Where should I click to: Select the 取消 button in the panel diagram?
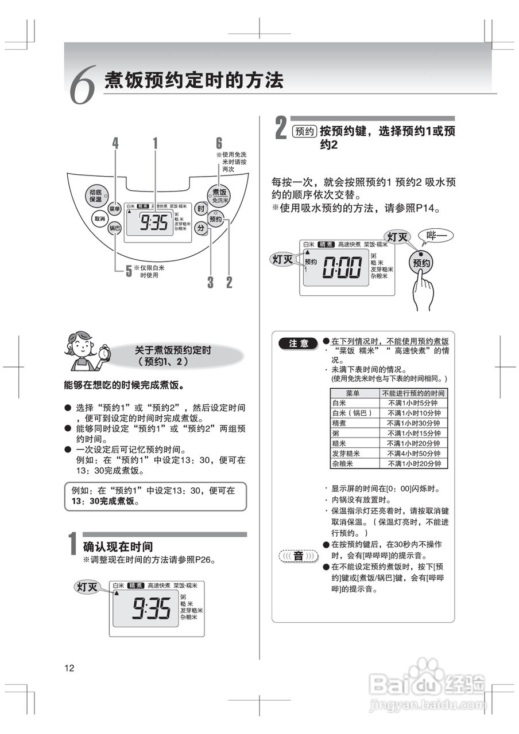(100, 218)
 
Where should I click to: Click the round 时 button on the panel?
(200, 209)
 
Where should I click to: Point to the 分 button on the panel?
(200, 228)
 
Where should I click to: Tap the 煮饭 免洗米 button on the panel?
(219, 195)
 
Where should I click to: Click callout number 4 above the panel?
(115, 143)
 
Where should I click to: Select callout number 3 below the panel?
(211, 282)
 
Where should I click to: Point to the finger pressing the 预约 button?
(423, 287)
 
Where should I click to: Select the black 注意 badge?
(299, 343)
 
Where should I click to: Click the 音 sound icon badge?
(298, 556)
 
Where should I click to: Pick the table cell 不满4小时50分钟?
(413, 454)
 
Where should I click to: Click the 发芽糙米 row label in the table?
(346, 454)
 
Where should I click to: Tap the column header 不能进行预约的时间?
(413, 393)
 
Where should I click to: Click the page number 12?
(69, 667)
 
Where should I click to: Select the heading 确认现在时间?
(118, 546)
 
